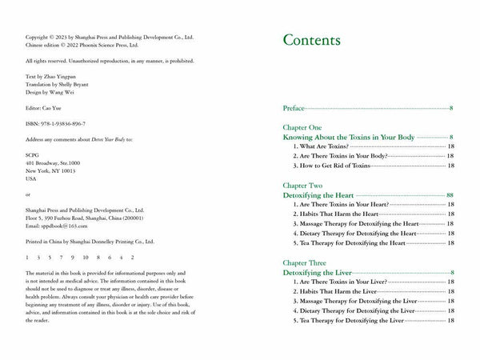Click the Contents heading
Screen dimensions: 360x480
coord(311,41)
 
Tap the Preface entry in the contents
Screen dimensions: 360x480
coord(294,107)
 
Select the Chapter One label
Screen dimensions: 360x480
coord(302,127)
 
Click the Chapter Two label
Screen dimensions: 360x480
coord(302,184)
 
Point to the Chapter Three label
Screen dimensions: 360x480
coord(305,262)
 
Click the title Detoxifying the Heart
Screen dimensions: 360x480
coord(318,194)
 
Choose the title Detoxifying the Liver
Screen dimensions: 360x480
coord(318,273)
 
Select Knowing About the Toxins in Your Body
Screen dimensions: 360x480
coord(349,138)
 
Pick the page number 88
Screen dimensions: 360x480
coord(450,194)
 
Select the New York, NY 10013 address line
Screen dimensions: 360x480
coord(51,170)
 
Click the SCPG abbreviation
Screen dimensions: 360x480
coord(33,153)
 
